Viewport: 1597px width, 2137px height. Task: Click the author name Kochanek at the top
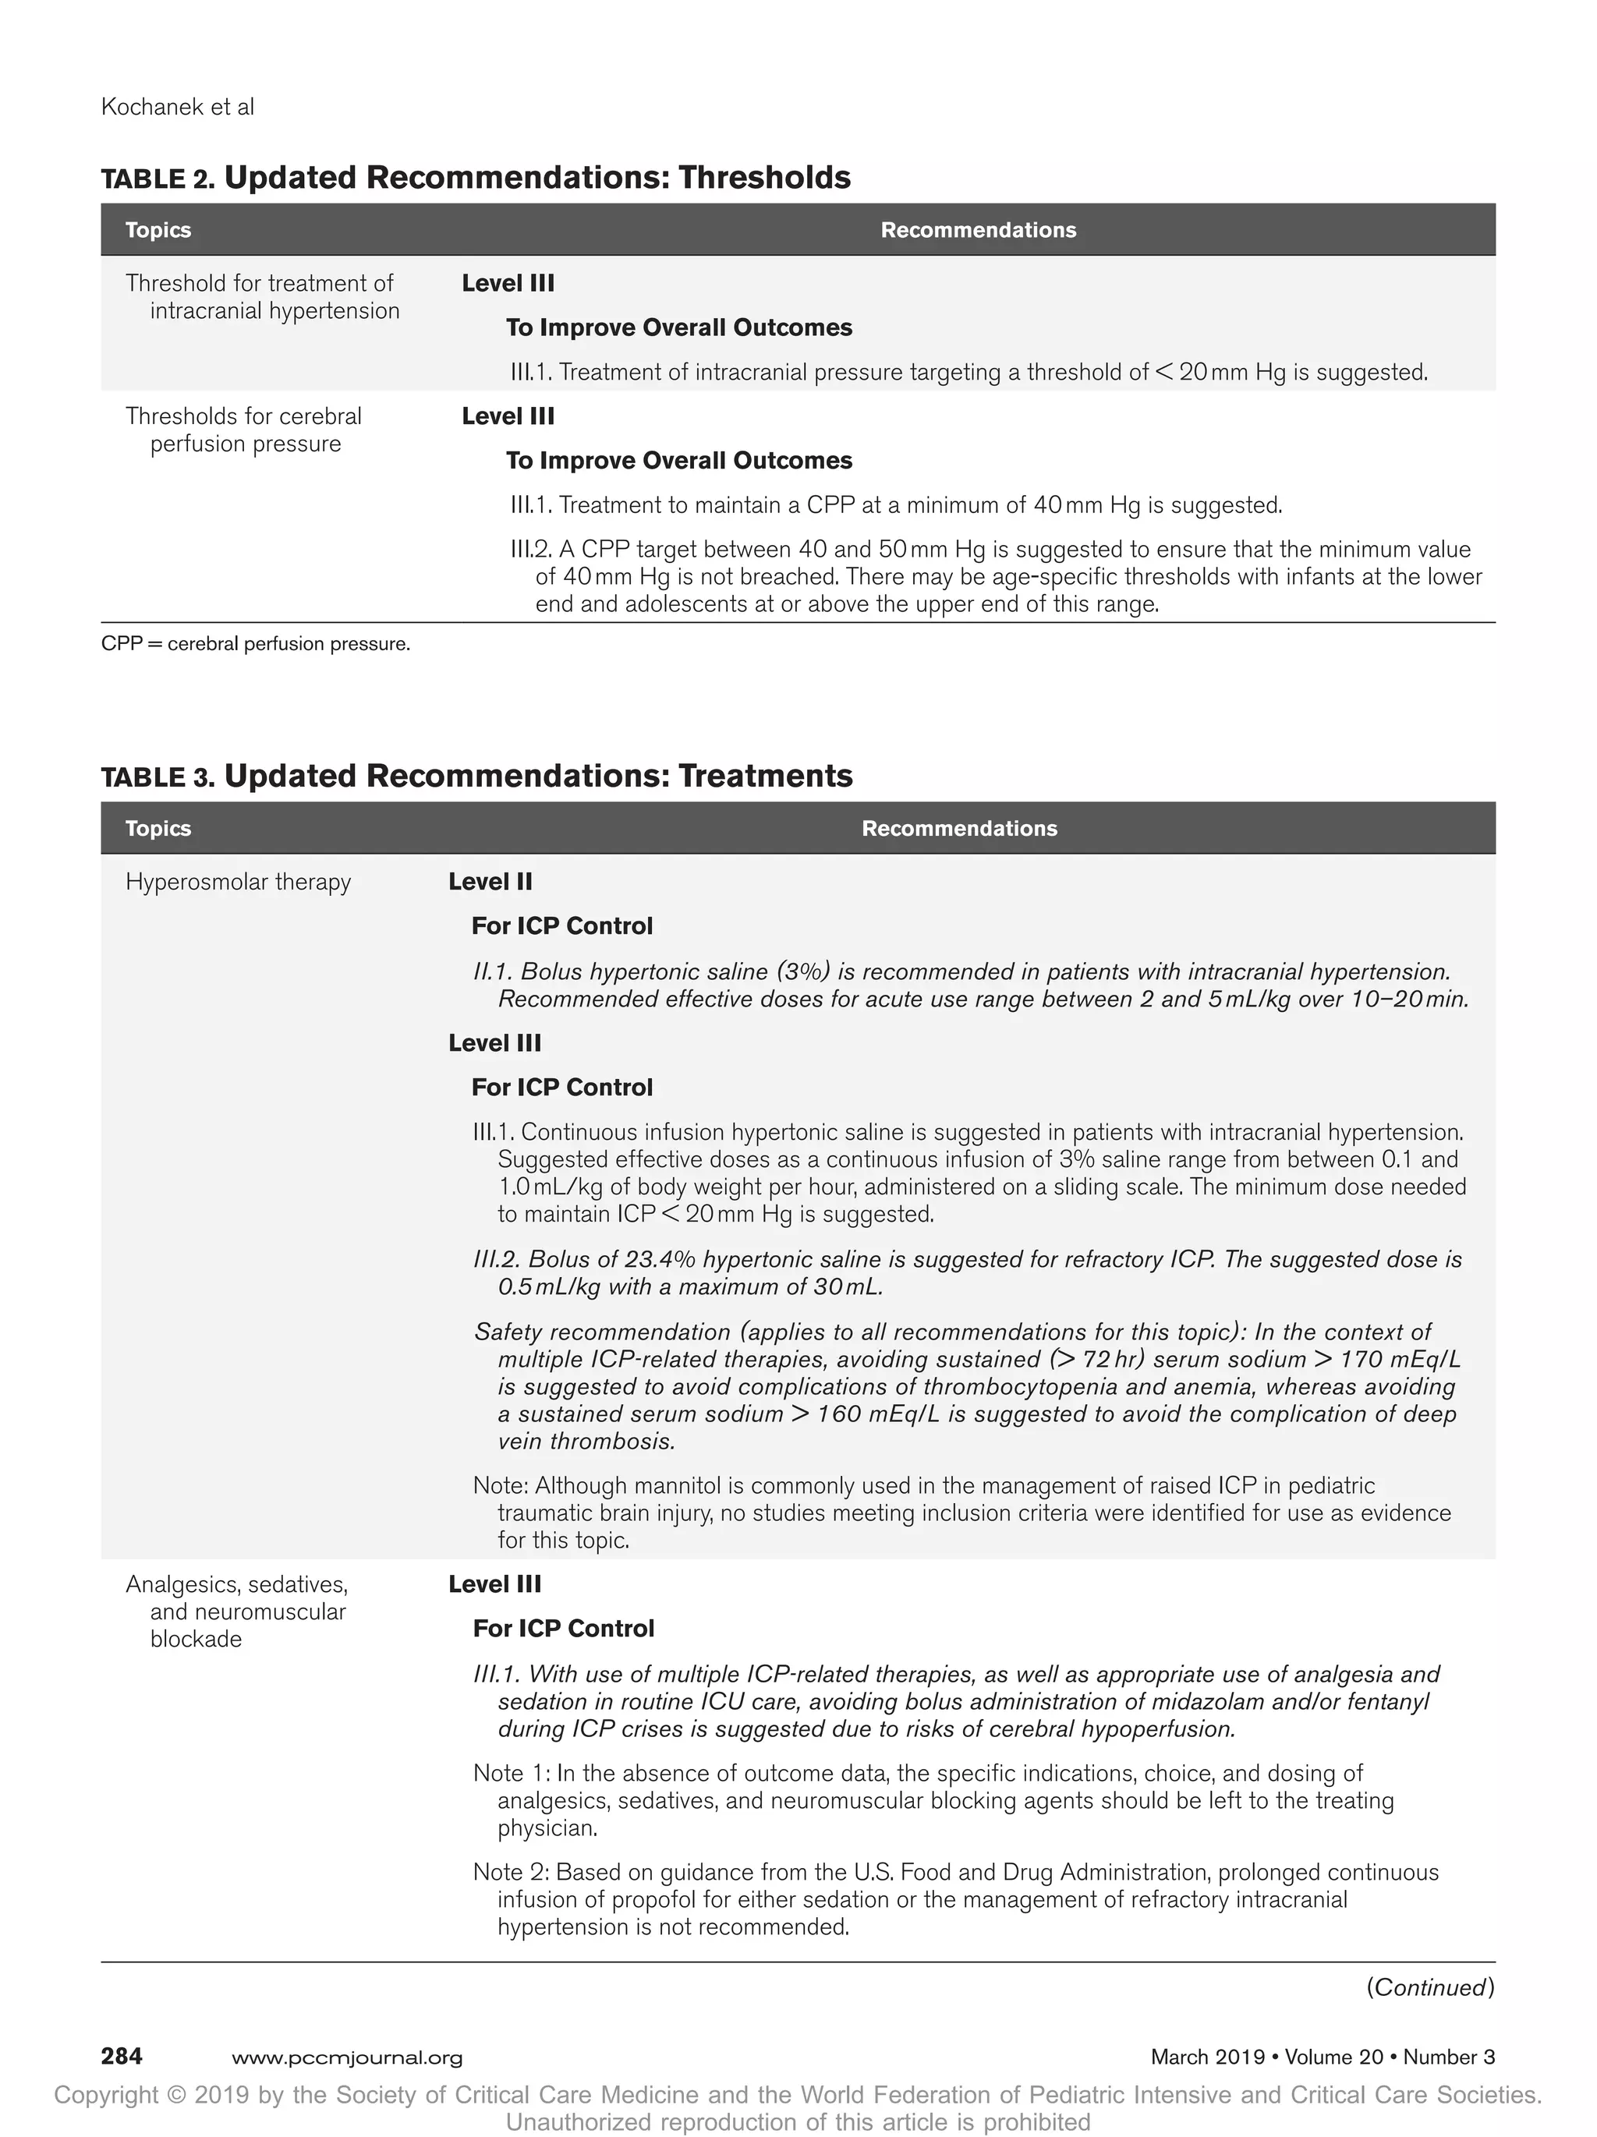point(150,108)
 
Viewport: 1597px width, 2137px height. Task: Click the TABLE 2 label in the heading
point(158,179)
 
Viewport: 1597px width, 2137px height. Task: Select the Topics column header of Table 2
point(158,230)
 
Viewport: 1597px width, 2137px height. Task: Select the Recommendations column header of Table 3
point(958,828)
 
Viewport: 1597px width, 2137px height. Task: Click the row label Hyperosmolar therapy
point(238,882)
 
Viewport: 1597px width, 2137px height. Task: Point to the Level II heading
point(490,882)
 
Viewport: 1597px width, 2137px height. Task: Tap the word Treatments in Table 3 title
point(764,776)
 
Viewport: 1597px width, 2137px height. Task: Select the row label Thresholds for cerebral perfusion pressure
point(243,430)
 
